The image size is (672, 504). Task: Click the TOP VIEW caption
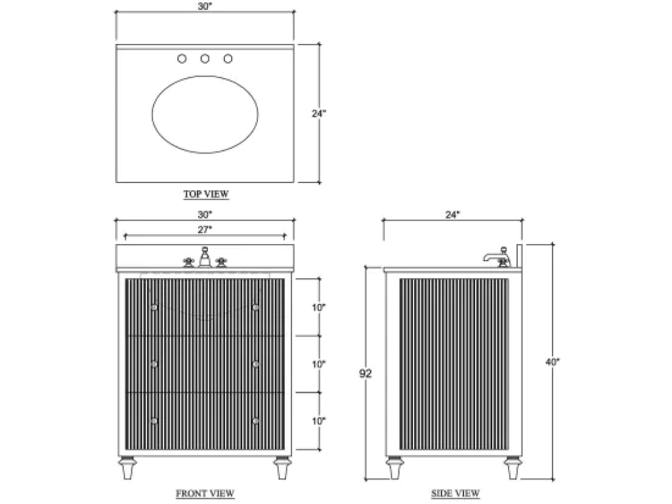click(206, 194)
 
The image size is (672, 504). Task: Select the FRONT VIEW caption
click(205, 493)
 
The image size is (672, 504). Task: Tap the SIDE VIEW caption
click(455, 493)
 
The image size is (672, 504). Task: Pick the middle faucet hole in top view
click(205, 58)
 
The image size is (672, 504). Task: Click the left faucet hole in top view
click(182, 58)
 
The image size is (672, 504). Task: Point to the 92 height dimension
click(365, 373)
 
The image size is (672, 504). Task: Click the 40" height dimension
click(553, 362)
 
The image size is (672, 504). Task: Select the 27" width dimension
click(205, 230)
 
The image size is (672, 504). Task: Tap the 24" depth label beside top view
click(319, 114)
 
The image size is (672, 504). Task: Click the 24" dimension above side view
click(453, 215)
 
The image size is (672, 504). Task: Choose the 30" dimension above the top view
click(205, 7)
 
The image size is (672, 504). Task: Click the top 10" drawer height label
click(319, 307)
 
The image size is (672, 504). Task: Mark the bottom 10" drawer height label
click(319, 421)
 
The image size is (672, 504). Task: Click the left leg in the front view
click(128, 468)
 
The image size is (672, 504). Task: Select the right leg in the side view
click(513, 468)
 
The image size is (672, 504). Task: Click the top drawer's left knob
click(154, 307)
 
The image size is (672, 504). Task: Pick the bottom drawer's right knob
click(256, 421)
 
